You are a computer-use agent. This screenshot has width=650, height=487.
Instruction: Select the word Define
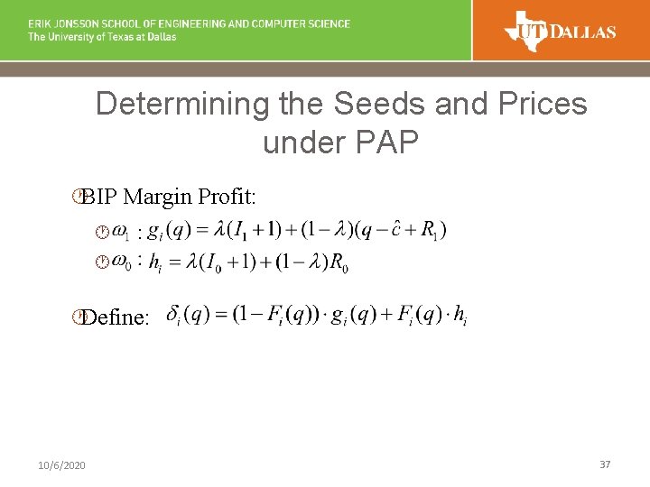114,317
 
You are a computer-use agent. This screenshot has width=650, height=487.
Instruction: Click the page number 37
605,464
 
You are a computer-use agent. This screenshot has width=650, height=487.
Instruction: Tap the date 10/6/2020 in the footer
62,464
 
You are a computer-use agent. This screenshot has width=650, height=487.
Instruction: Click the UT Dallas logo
560,31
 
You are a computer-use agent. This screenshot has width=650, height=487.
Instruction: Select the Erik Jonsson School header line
189,23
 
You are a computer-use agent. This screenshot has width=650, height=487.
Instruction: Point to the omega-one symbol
120,233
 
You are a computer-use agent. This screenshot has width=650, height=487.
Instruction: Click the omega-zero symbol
120,262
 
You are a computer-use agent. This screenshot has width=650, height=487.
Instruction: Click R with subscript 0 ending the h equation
339,263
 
